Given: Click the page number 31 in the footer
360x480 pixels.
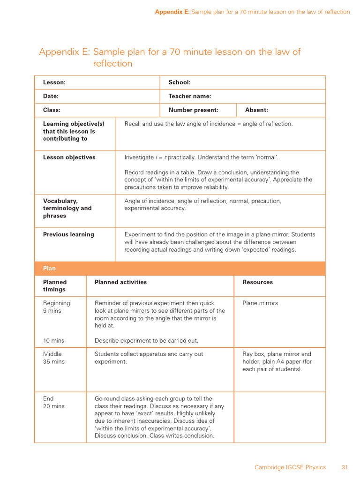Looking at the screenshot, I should pos(345,467).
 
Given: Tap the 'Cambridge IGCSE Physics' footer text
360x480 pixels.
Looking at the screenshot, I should pos(290,467).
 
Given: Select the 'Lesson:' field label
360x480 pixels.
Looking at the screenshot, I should pos(54,82).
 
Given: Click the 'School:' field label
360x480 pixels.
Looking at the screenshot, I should pos(179,82).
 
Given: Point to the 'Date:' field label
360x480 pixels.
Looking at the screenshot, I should pos(51,96).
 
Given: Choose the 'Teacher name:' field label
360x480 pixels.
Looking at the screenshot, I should pos(189,96).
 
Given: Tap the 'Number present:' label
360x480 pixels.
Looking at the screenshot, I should pos(193,110).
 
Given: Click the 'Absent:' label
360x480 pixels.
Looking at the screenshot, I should pos(256,110).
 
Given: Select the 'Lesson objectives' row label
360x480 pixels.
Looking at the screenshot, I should pos(69,157).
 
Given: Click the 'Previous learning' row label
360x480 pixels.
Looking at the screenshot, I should pos(68,234).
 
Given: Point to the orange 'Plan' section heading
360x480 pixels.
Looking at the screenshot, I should pos(49,269).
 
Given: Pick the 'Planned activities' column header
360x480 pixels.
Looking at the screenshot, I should pos(120,282).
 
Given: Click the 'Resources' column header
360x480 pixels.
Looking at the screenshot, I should pos(257,282).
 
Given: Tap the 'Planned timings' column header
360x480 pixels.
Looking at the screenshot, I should pos(55,286).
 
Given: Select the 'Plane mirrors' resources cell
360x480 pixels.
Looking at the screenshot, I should pos(260,303).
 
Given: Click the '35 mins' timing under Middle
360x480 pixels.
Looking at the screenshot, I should pos(53,362).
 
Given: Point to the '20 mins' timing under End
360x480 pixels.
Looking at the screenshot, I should pos(53,406).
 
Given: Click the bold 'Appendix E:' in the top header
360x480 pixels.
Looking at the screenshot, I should pos(172,12).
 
